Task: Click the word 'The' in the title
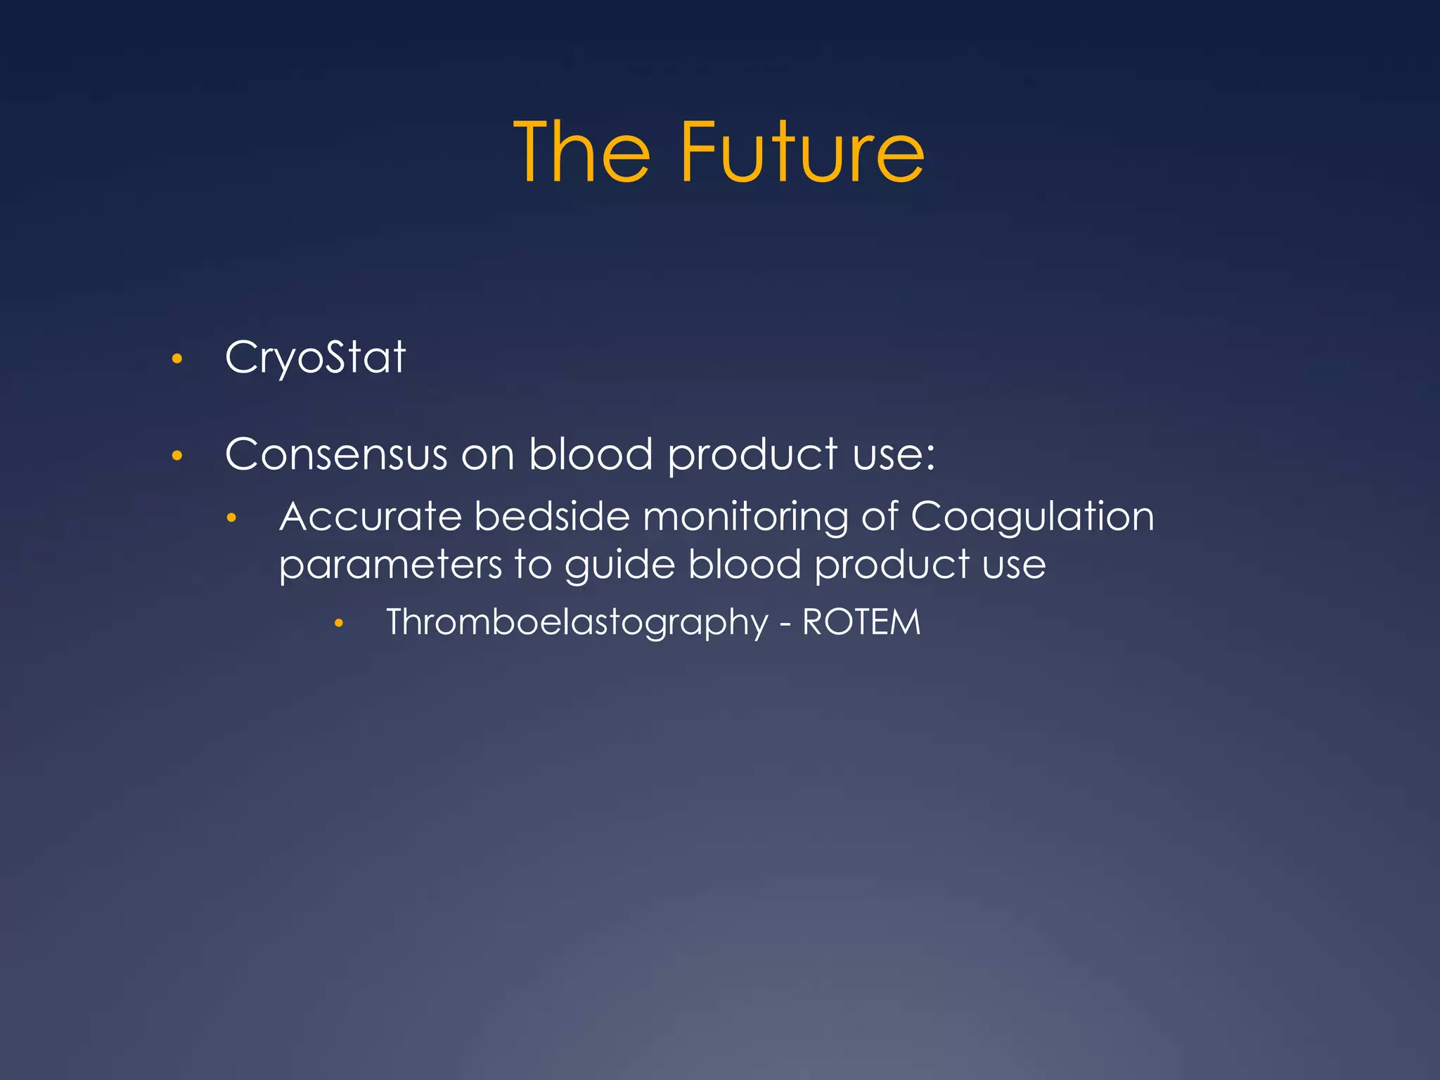coord(582,153)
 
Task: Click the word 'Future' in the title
coord(802,153)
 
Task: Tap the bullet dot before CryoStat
coord(177,359)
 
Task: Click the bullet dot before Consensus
coord(177,456)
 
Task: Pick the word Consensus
coord(336,454)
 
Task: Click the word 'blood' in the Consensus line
coord(591,454)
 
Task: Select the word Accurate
coord(371,517)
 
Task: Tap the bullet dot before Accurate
coord(231,519)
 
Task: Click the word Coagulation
coord(1032,517)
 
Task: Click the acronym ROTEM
coord(861,622)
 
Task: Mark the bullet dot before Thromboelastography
coord(339,624)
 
